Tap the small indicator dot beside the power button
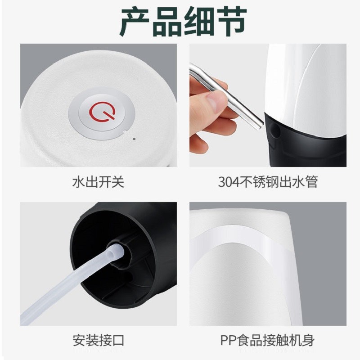coord(134,139)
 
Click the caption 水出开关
coord(98,182)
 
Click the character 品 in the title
coord(167,21)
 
